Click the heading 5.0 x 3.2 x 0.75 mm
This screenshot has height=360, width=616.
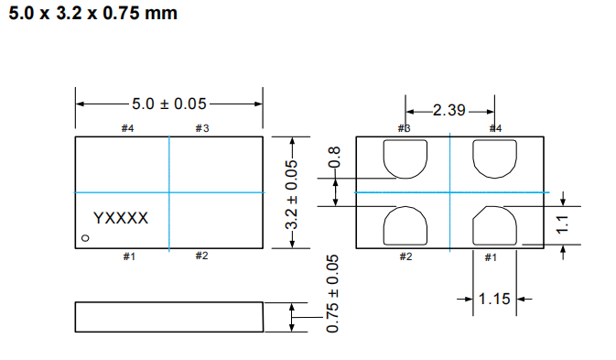93,13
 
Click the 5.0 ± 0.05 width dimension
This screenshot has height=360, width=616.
169,104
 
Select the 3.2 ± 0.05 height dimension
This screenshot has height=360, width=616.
291,194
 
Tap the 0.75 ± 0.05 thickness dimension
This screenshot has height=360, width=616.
332,293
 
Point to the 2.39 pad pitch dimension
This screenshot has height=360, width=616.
449,111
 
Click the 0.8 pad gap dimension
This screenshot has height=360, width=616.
334,157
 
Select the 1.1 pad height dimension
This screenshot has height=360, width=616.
563,224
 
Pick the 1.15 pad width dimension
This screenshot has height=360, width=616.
494,299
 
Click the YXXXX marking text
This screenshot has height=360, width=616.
121,218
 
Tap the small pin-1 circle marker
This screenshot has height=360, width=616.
85,238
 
